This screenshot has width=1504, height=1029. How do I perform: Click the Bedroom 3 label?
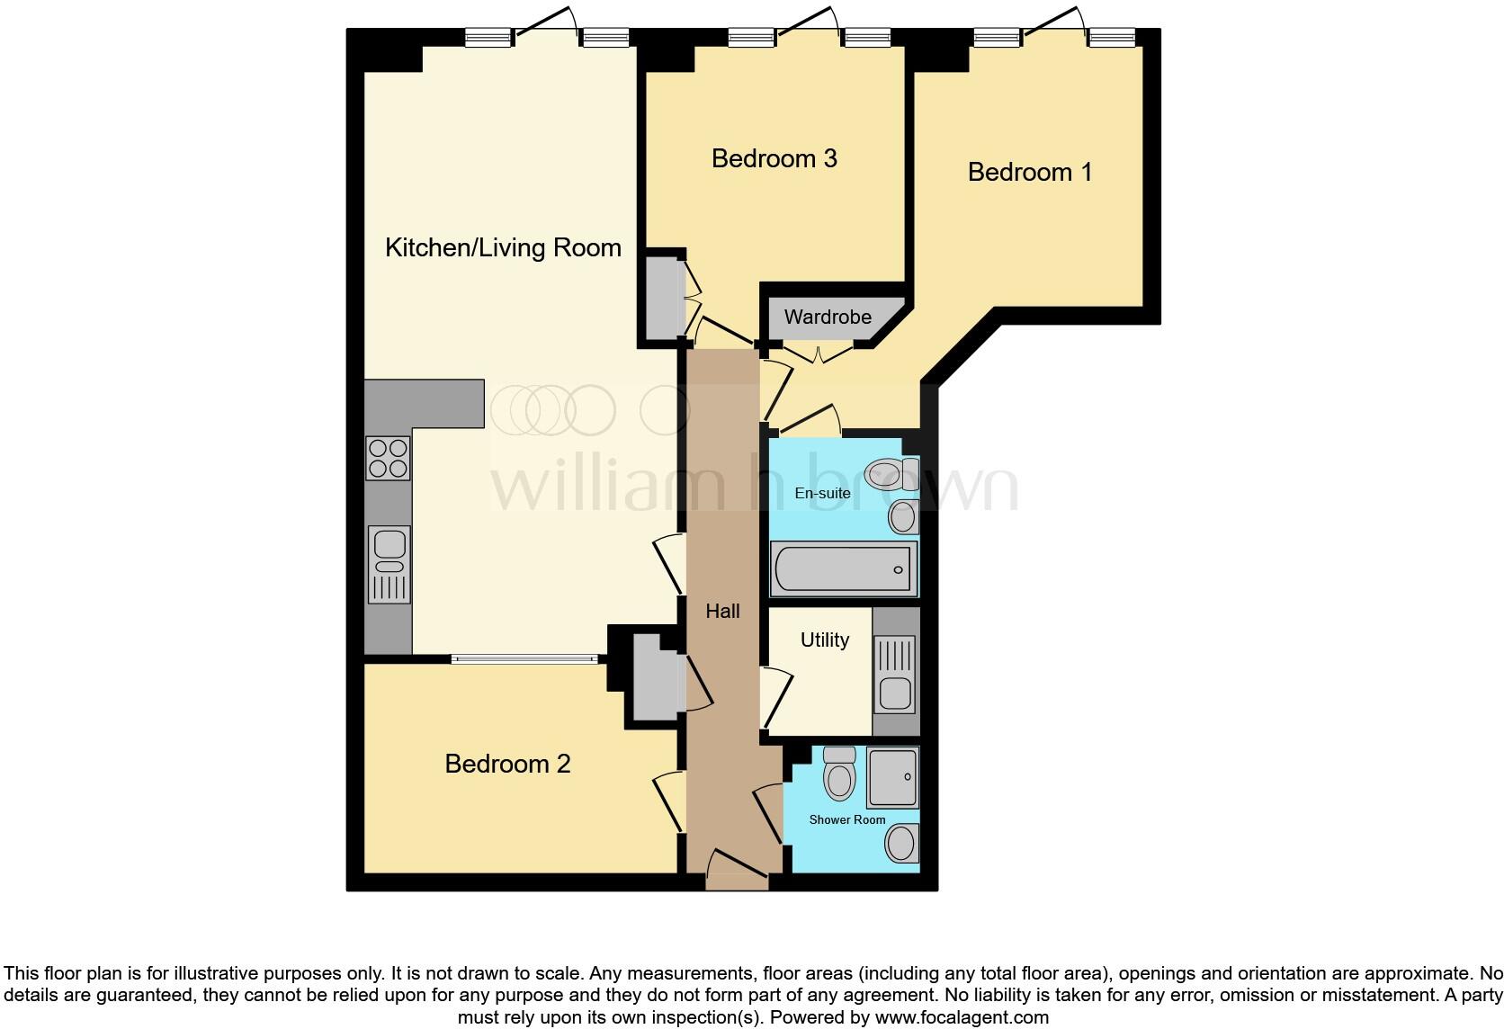[774, 159]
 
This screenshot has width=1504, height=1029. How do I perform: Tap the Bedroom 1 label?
[1029, 173]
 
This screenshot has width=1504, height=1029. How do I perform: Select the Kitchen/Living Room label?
[503, 248]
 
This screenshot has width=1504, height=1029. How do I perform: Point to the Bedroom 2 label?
[507, 765]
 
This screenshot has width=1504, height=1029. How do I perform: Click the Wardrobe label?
[828, 318]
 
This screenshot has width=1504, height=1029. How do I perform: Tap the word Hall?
[722, 612]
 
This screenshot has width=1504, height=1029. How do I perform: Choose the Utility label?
[824, 640]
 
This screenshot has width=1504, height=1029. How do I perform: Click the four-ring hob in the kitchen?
[388, 458]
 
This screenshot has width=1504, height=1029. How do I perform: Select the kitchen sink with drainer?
[389, 564]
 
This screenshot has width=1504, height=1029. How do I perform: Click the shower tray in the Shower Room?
[892, 776]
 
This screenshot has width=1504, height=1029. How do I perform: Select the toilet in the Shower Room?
[839, 774]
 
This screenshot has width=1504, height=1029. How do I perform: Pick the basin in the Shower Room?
[900, 844]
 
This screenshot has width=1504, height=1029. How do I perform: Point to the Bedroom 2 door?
[669, 801]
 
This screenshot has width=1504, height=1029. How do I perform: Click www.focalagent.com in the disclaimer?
[962, 1018]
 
